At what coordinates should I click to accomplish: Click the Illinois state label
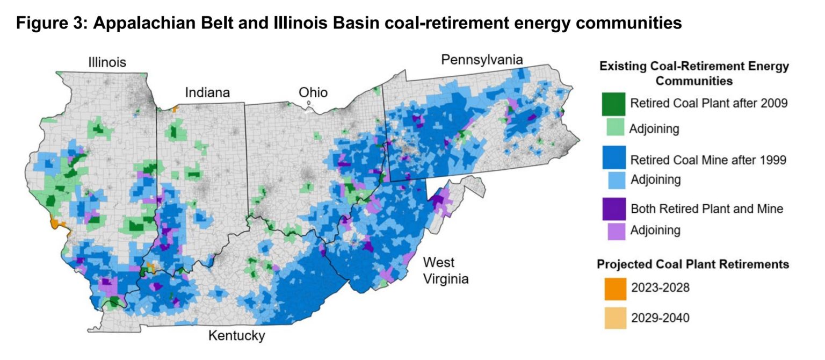pyautogui.click(x=107, y=63)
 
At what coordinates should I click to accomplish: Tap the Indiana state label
pyautogui.click(x=207, y=92)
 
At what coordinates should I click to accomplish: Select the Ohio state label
pyautogui.click(x=313, y=92)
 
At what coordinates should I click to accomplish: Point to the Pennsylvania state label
pyautogui.click(x=482, y=59)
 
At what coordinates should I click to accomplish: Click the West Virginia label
pyautogui.click(x=445, y=271)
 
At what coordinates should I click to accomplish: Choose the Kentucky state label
pyautogui.click(x=236, y=336)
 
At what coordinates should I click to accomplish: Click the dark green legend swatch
pyautogui.click(x=613, y=104)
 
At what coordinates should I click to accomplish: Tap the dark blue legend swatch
pyautogui.click(x=613, y=160)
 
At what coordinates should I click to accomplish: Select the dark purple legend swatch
pyautogui.click(x=613, y=208)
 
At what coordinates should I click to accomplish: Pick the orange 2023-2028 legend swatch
pyautogui.click(x=613, y=287)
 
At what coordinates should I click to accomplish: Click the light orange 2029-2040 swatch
pyautogui.click(x=613, y=318)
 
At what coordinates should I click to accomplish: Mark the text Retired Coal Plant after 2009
pyautogui.click(x=709, y=103)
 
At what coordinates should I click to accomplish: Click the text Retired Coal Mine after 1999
pyautogui.click(x=708, y=160)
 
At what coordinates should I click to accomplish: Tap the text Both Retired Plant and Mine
pyautogui.click(x=706, y=208)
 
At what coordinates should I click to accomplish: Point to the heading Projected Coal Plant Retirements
pyautogui.click(x=693, y=264)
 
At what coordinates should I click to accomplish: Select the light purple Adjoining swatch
pyautogui.click(x=613, y=231)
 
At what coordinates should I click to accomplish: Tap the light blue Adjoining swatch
pyautogui.click(x=613, y=179)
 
